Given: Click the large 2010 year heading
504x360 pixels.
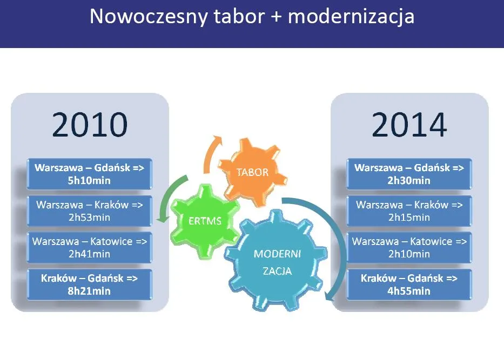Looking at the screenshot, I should [90, 125].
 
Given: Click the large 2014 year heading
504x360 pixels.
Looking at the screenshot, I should [409, 125].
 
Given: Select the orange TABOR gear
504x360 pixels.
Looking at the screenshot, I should [252, 172].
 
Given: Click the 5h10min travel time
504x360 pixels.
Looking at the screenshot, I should [90, 180].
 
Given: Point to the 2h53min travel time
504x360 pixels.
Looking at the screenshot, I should [90, 218].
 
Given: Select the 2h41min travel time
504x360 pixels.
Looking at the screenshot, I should [90, 254].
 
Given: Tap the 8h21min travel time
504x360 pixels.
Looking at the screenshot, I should [90, 291].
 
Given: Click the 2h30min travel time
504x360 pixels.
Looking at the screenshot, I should [409, 180].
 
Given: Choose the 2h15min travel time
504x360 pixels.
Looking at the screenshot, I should [409, 218].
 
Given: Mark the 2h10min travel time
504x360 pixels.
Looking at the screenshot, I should [409, 254].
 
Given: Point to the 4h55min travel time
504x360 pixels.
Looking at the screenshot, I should [409, 291].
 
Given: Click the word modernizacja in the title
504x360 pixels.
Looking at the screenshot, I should [351, 17].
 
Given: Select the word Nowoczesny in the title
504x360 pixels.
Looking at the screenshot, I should [149, 17].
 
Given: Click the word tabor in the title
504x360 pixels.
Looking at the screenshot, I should [238, 17].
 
